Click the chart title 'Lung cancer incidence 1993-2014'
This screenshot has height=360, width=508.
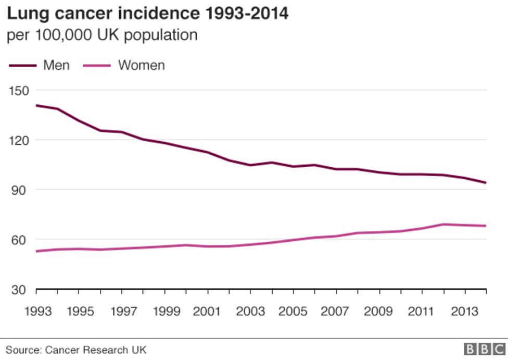pos(147,14)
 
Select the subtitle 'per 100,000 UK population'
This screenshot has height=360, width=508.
pos(102,35)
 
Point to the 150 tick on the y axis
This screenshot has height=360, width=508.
pos(18,90)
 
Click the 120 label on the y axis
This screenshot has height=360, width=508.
pos(18,140)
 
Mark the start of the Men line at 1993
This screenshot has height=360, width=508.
pos(36,105)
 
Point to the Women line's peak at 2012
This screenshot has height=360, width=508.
pos(443,224)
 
